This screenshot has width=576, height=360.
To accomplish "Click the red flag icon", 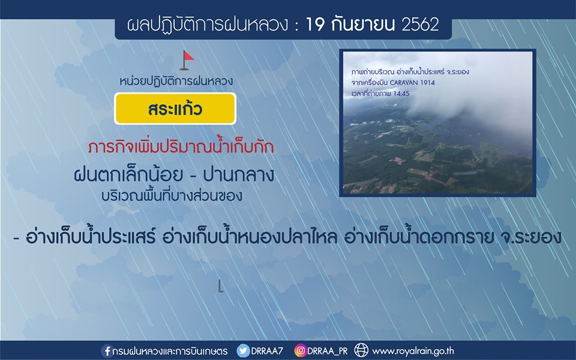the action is pos(187,60).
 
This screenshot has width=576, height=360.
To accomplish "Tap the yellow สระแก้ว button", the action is pos(175,109).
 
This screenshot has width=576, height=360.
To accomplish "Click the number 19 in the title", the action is pos(315,25).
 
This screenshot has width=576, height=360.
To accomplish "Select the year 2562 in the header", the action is pos(420,25).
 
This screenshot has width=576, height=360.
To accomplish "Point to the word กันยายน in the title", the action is pos(362,25).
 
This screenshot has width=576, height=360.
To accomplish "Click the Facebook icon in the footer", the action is pos(107,351).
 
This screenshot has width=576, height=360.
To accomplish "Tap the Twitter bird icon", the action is pos(243,351).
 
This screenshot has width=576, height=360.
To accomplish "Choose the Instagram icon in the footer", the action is pos(300,351).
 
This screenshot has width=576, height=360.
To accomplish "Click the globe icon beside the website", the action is pos(361,350).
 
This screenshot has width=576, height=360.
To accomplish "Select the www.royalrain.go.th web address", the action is pos(413,351).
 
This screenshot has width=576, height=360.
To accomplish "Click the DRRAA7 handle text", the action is pos(267,351).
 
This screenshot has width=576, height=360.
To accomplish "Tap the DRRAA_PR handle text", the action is pos(328,351).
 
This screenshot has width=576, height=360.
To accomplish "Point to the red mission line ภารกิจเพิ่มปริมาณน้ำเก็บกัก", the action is pos(181,147).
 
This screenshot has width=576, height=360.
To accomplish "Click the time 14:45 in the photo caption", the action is pos(401,94).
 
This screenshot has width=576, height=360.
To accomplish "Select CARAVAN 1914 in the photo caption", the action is pos(412,83).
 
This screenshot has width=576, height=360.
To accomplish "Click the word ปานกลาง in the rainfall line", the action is pos(239,175).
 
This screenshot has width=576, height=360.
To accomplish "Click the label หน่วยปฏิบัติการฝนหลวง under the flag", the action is pos(176,81).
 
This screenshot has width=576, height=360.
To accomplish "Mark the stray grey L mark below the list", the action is pos(220,286).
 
